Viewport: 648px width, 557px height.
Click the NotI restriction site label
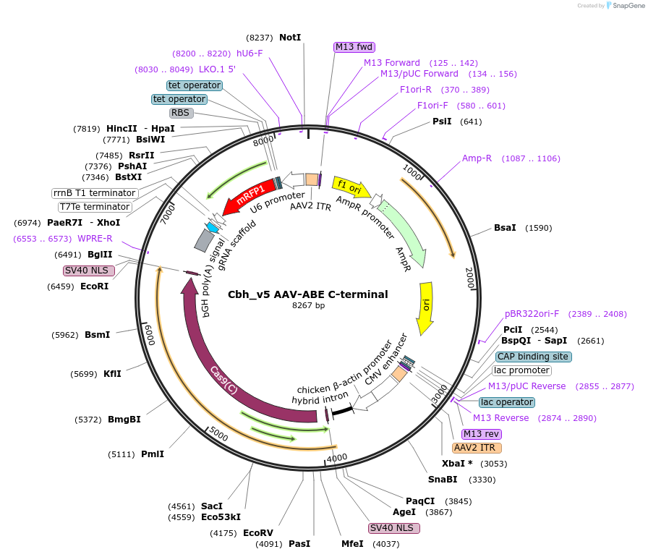pyautogui.click(x=290, y=38)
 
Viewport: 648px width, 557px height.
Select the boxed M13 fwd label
pyautogui.click(x=354, y=47)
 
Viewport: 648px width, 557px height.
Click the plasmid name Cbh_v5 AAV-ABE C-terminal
pyautogui.click(x=308, y=294)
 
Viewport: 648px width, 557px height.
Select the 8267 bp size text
pyautogui.click(x=308, y=306)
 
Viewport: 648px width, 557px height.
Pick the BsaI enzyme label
pyautogui.click(x=505, y=228)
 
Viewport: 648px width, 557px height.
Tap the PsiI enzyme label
pyautogui.click(x=442, y=122)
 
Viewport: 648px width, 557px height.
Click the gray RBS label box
pyautogui.click(x=180, y=113)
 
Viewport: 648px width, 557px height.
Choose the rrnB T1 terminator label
pyautogui.click(x=95, y=193)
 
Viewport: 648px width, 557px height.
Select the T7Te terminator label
pyautogui.click(x=95, y=207)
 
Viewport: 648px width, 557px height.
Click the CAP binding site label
pyautogui.click(x=534, y=357)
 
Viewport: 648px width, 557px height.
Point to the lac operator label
pyautogui.click(x=506, y=402)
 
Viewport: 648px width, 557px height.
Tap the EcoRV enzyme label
pyautogui.click(x=258, y=533)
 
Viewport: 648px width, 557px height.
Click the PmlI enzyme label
pyautogui.click(x=153, y=454)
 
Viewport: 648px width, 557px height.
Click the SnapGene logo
pyautogui.click(x=625, y=5)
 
